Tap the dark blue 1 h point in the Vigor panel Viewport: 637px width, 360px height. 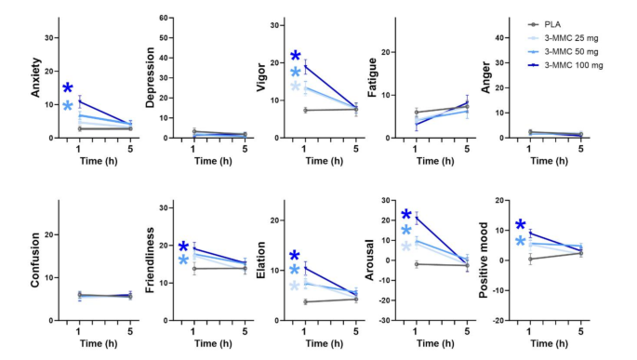pyautogui.click(x=305, y=65)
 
